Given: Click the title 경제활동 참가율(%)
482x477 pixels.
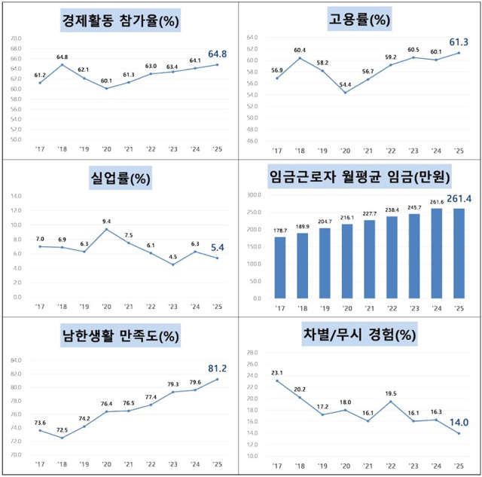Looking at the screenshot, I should pyautogui.click(x=120, y=21).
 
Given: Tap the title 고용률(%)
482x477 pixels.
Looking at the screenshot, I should pyautogui.click(x=359, y=20).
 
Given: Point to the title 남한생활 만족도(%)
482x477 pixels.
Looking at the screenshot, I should pyautogui.click(x=120, y=336).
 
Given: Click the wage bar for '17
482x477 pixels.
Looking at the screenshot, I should pyautogui.click(x=281, y=268).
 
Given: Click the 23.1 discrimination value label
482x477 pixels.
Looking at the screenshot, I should pyautogui.click(x=277, y=372).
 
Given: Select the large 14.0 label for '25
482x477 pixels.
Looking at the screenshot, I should pyautogui.click(x=458, y=423).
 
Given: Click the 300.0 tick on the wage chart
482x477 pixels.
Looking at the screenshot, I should pyautogui.click(x=253, y=194).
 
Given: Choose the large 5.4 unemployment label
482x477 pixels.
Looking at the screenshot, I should pyautogui.click(x=217, y=247).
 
